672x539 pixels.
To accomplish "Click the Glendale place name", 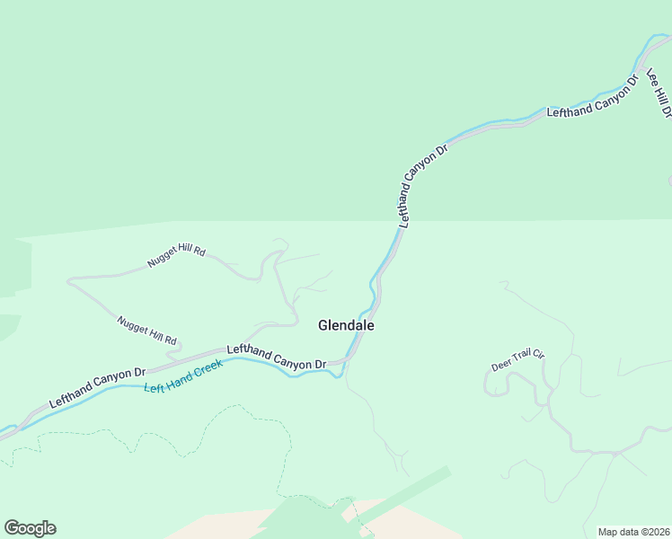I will [346, 326].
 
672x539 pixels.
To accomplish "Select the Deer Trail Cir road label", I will [518, 361].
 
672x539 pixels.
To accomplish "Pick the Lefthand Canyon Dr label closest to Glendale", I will [276, 357].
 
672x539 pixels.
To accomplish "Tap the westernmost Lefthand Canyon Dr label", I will [97, 388].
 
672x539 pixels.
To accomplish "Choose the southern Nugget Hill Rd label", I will [147, 330].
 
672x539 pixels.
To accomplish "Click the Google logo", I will [30, 528].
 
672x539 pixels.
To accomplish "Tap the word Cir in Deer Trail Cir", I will [538, 354].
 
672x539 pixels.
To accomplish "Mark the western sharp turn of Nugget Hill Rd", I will [68, 281].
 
